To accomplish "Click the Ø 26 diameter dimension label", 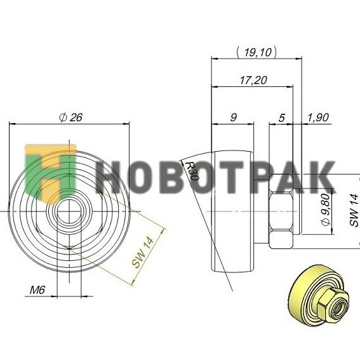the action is (x=70, y=117).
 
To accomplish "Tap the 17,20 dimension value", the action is (x=253, y=81).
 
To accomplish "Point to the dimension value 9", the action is (x=233, y=117).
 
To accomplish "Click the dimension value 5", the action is (x=281, y=118).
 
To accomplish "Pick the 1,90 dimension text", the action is (x=317, y=117).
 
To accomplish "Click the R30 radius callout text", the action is (x=192, y=171).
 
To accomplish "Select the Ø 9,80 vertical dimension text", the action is (x=326, y=210).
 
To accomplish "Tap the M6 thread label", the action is (x=37, y=290).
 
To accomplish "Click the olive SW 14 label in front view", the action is (x=143, y=253).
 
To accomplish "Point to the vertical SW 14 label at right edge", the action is (x=354, y=210).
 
